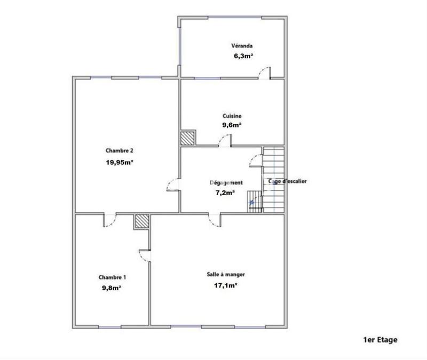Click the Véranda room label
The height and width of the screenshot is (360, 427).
(241, 45)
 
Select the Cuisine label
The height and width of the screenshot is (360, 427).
(232, 116)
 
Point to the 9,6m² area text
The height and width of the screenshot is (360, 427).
(232, 125)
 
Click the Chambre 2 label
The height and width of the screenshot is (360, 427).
(119, 151)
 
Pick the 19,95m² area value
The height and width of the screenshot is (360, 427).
(119, 163)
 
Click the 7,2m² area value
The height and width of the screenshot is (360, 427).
(225, 193)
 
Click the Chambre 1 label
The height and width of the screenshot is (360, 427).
(113, 277)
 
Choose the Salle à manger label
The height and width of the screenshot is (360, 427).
(226, 275)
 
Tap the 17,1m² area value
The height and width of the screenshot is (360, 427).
(226, 285)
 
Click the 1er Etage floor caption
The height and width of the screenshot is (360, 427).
(381, 339)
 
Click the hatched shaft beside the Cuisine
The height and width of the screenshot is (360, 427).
(188, 138)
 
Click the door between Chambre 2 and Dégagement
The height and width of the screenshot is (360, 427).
(174, 185)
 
